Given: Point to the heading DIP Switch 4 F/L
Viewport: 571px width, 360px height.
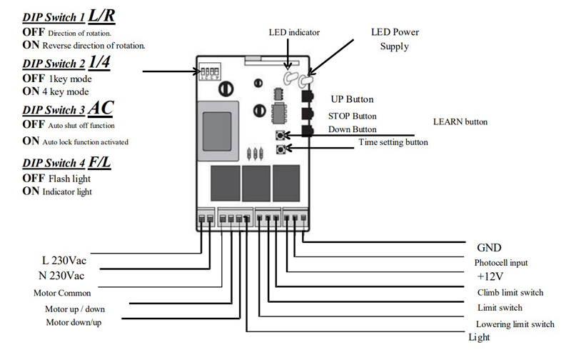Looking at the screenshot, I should coord(66,163).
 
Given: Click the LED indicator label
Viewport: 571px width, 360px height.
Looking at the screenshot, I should coord(294,32).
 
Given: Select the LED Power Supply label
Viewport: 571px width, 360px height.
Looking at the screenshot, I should coord(395,39).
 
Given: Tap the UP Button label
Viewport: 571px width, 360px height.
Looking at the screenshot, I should coord(352,99).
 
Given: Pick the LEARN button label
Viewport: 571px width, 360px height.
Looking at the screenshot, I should coord(460,122).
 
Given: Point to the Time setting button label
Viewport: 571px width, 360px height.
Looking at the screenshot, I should coord(393,142).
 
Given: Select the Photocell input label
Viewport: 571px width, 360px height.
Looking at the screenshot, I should coord(505,261).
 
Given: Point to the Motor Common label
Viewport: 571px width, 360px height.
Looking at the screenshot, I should coord(62,293).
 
